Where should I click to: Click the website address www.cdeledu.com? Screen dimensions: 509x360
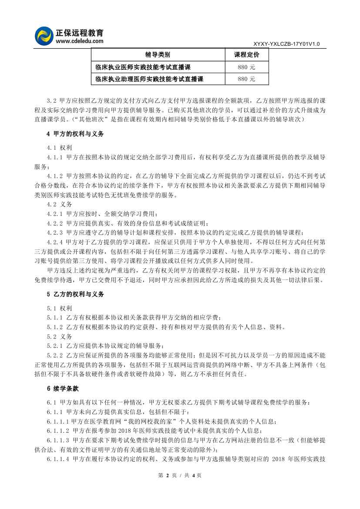coord(79,41)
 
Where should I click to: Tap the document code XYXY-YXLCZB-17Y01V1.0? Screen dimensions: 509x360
coord(286,44)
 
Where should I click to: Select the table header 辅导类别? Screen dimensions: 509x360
coord(158,55)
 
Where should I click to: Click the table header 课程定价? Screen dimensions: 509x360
coord(246,55)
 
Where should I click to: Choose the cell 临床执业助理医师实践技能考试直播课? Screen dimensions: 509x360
coord(149,79)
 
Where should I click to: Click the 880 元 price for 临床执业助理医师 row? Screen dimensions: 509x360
coord(246,79)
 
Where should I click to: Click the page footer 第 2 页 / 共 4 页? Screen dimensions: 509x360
coord(180,475)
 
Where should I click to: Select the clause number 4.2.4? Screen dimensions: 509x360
coord(55,241)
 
